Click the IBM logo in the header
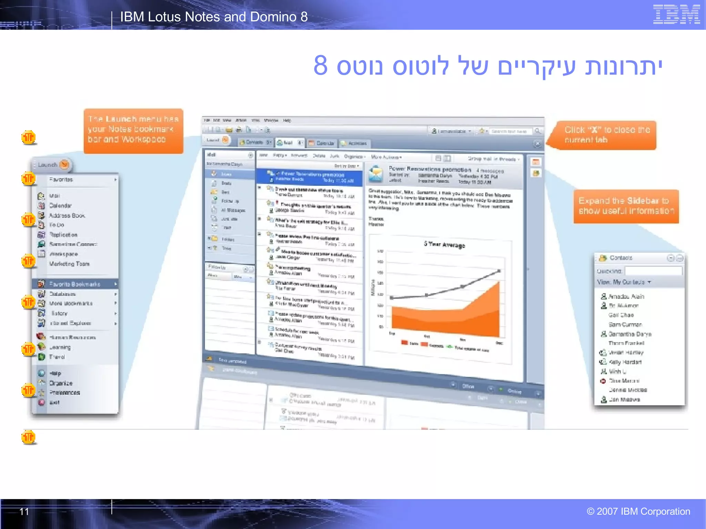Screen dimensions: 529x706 tap(676, 14)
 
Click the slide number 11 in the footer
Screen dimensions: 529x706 tap(24, 511)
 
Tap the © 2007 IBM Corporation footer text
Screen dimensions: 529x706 tap(638, 511)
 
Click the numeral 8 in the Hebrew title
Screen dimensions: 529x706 tap(320, 65)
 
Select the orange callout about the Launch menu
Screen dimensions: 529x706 tap(133, 131)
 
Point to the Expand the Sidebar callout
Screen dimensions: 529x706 tap(626, 206)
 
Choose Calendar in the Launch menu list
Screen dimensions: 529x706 tap(60, 206)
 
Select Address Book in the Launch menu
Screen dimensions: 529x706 tap(67, 216)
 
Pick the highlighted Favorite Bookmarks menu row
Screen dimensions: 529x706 tap(75, 284)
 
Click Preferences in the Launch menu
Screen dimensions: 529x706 tap(64, 393)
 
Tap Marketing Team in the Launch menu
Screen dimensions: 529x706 tap(69, 264)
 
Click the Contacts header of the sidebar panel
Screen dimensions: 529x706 tap(621, 258)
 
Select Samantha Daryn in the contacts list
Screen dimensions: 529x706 tap(629, 334)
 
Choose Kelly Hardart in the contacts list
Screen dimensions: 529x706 tap(625, 362)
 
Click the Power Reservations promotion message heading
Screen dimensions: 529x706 tap(430, 169)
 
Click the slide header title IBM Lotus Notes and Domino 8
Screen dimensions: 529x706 tap(214, 17)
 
